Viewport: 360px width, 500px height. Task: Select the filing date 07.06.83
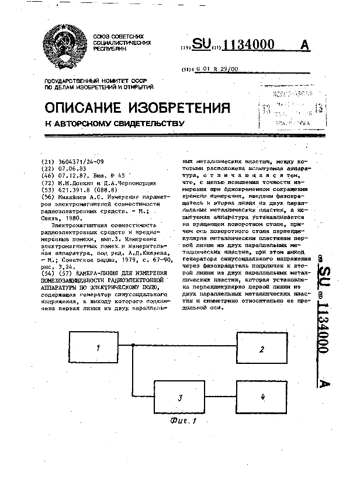(x=65, y=168)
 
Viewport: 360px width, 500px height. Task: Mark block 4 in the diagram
(x=262, y=397)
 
